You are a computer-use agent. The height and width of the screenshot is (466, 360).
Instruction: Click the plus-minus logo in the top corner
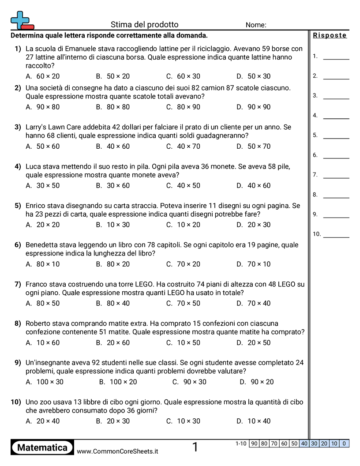click(22, 20)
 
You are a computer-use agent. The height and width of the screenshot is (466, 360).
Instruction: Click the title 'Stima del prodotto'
click(144, 25)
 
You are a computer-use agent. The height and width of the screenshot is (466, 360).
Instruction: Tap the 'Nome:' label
click(256, 25)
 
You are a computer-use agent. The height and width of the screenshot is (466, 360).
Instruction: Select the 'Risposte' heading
click(330, 36)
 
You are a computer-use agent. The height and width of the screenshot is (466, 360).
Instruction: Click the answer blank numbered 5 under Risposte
click(336, 138)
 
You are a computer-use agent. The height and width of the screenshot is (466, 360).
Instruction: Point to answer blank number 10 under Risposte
click(336, 237)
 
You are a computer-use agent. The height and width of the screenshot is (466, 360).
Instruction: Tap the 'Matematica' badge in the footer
click(42, 448)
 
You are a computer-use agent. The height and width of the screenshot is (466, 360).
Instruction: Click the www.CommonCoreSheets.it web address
click(117, 451)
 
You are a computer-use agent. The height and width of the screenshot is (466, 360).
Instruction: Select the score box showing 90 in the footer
click(254, 444)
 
